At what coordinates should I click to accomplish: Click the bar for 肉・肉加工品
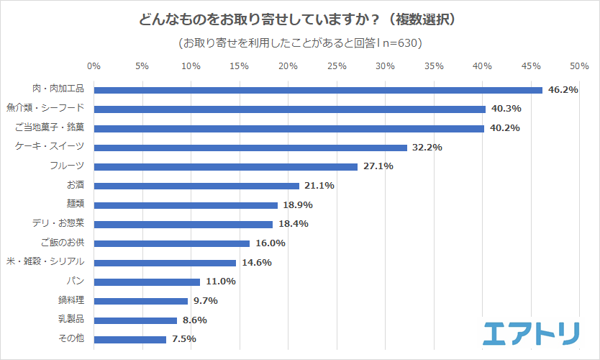click(318, 90)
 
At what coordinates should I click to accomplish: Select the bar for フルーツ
click(225, 167)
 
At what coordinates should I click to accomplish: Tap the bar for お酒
click(196, 186)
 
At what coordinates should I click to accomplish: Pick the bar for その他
click(130, 339)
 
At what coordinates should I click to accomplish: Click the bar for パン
click(147, 282)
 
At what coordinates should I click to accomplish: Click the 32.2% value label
click(427, 148)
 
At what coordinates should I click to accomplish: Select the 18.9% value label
click(298, 204)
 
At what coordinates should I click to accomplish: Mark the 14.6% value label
click(256, 262)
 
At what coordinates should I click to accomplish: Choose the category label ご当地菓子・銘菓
click(50, 127)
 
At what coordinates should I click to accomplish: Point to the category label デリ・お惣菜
click(58, 223)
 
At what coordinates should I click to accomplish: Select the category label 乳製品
click(71, 319)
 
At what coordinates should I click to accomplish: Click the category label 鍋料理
click(71, 300)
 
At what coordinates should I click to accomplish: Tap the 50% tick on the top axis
click(579, 66)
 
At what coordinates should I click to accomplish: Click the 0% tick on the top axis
click(94, 66)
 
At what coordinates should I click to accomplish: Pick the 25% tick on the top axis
click(337, 66)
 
